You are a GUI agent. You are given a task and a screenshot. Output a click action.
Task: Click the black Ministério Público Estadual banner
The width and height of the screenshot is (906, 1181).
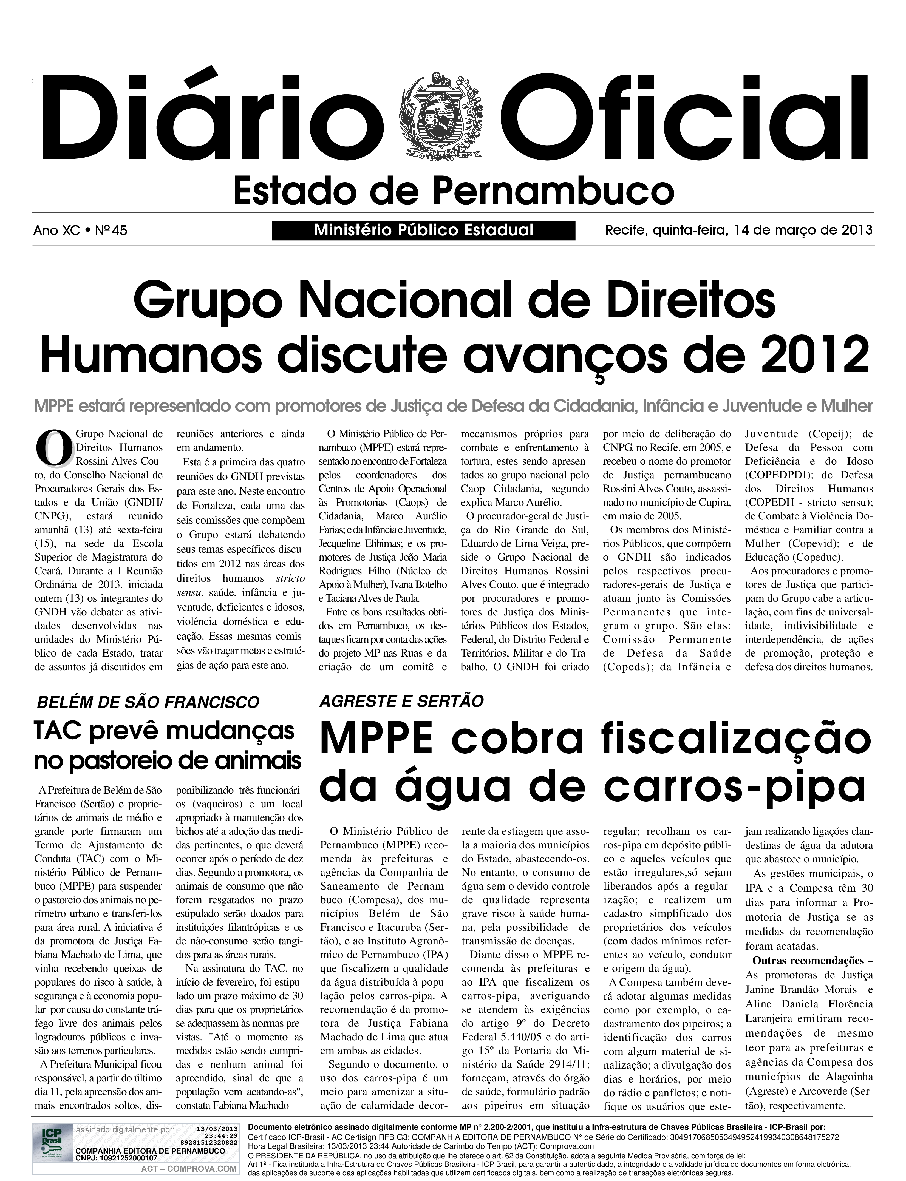[x=423, y=231]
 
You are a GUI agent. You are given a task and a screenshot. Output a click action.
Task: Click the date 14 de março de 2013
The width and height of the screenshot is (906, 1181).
[x=798, y=231]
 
